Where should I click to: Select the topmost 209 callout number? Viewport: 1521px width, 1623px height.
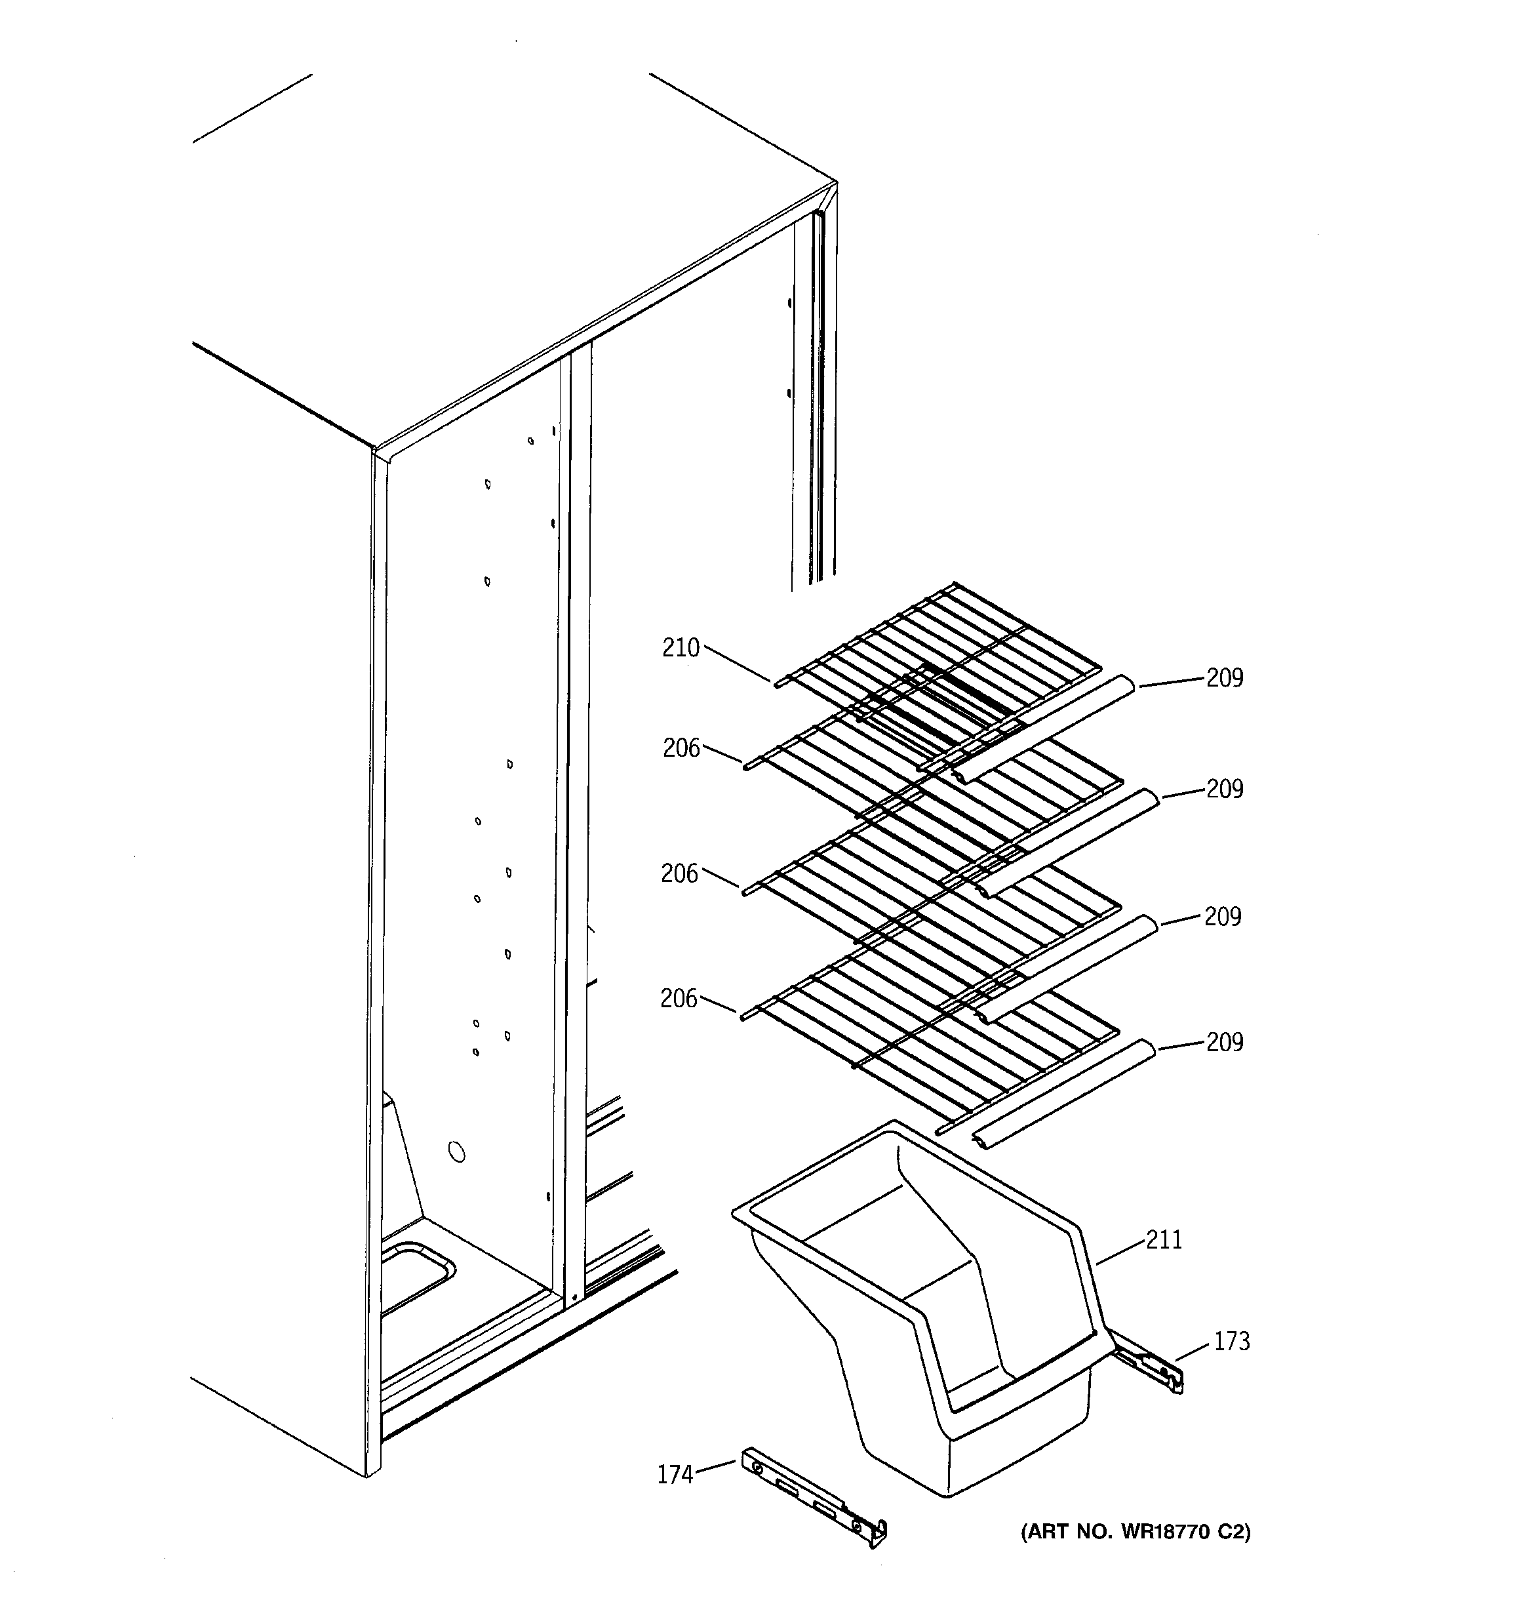point(1225,677)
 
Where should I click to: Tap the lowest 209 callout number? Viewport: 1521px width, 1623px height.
point(1225,1042)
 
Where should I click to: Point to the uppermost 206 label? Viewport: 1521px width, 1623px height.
point(681,748)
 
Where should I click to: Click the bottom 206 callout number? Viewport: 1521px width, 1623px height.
point(679,999)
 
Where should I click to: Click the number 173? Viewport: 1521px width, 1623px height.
point(1231,1341)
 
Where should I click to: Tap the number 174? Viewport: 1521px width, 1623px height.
point(675,1474)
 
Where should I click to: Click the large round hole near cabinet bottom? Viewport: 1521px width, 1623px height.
point(457,1152)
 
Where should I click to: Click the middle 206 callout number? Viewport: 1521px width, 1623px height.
point(679,874)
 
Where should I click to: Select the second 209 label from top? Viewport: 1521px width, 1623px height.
point(1225,789)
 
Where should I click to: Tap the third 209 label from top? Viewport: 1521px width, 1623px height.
point(1222,917)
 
